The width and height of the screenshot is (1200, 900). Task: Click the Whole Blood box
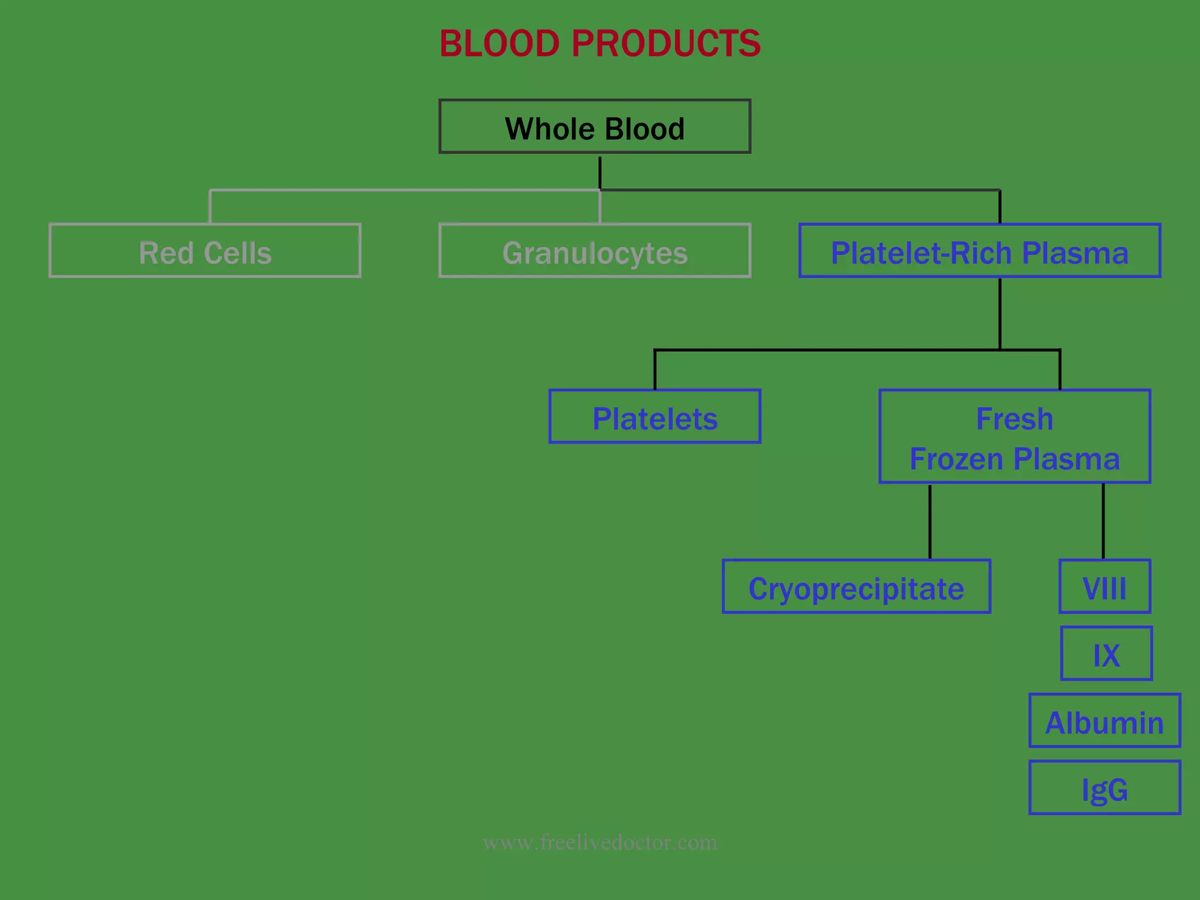[594, 127]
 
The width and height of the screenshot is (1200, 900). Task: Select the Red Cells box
[204, 251]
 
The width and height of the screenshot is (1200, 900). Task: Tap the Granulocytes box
[594, 251]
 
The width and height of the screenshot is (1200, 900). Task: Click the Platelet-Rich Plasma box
[979, 251]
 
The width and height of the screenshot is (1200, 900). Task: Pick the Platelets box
[654, 417]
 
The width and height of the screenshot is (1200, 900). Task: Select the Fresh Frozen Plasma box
[1014, 437]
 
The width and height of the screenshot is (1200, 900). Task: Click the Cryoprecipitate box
[856, 587]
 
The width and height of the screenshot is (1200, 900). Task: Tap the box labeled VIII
[1104, 587]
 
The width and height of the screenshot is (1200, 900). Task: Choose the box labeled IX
[1106, 653]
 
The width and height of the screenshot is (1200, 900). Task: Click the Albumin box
[1104, 721]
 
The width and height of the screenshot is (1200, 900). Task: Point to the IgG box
[1104, 787]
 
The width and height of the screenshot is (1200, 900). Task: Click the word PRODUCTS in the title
[666, 44]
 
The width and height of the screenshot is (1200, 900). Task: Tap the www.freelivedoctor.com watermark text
[599, 843]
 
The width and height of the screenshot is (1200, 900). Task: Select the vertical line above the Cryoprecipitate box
[930, 521]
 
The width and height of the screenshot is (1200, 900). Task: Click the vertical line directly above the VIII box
[1103, 521]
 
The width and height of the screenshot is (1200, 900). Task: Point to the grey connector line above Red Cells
[210, 207]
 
